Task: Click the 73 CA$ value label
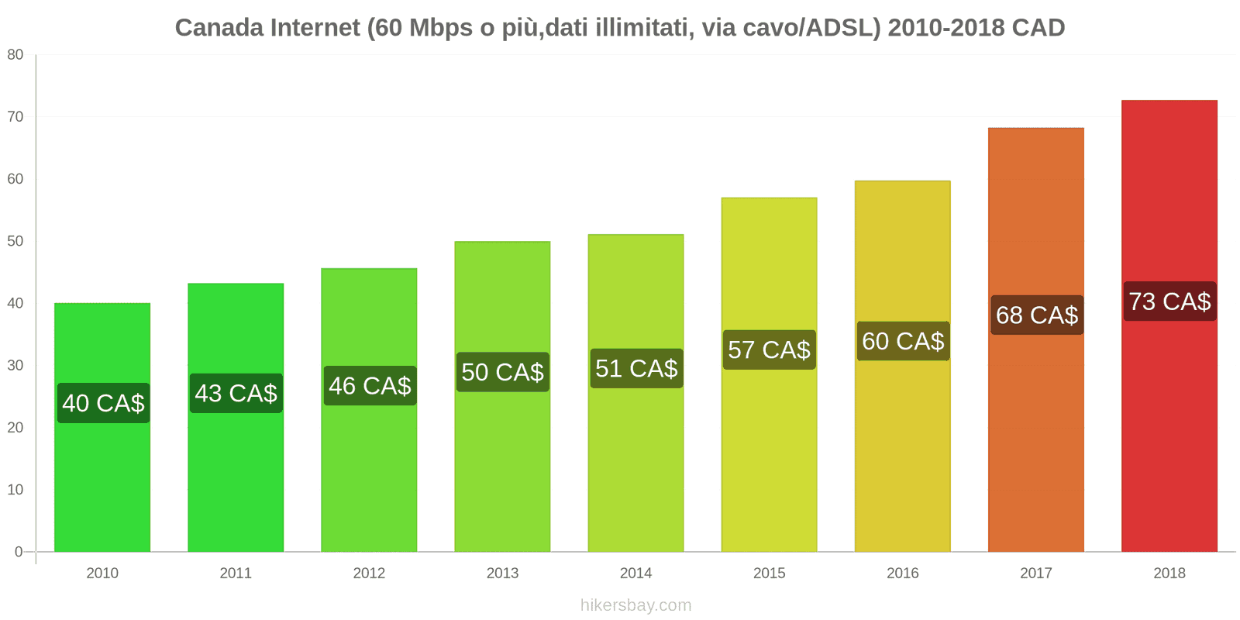1169,301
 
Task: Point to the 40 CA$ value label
103,403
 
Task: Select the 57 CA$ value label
769,350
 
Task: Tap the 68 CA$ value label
1036,315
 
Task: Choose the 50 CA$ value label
502,372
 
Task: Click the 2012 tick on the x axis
369,573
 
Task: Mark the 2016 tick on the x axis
902,573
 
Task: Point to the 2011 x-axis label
236,573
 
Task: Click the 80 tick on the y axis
15,55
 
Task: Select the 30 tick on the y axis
15,365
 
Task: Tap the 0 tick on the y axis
19,552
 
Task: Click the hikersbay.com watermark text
635,605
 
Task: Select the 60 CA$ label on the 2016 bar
903,341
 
